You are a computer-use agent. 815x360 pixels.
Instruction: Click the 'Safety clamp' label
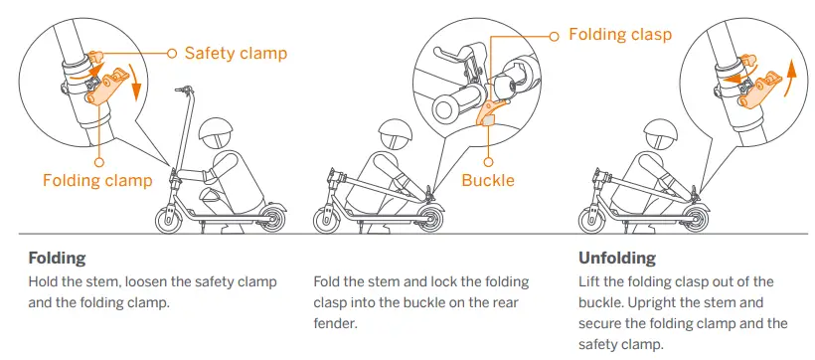pyautogui.click(x=237, y=52)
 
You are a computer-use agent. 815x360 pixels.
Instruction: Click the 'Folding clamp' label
pyautogui.click(x=97, y=180)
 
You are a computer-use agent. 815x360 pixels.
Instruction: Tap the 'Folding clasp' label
pyautogui.click(x=620, y=35)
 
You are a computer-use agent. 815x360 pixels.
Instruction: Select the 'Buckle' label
pyautogui.click(x=488, y=180)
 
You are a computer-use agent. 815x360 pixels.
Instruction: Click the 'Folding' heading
pyautogui.click(x=59, y=258)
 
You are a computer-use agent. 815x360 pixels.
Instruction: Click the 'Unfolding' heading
pyautogui.click(x=617, y=258)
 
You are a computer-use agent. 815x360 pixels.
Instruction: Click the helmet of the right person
pyautogui.click(x=661, y=132)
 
